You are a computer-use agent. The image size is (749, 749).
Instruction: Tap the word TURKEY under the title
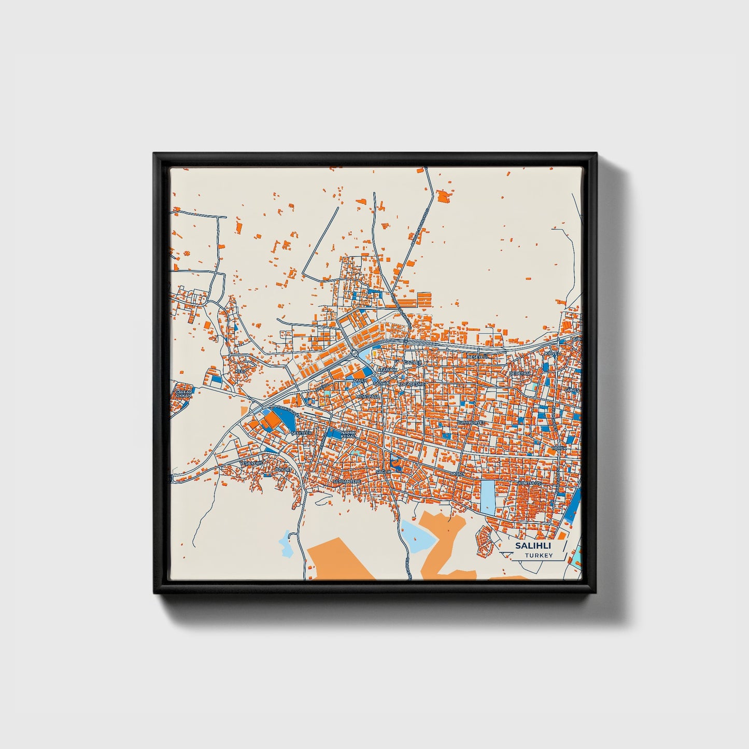coord(539,556)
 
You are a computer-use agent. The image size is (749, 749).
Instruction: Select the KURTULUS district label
coord(530,483)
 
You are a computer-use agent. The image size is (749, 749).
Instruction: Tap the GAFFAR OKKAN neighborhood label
coord(183,393)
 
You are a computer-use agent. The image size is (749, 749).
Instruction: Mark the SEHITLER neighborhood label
coord(302,433)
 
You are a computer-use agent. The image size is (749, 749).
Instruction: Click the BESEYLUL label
coord(478,357)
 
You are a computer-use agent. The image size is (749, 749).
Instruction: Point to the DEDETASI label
coord(520,373)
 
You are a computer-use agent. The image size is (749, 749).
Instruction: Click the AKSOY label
coord(458,474)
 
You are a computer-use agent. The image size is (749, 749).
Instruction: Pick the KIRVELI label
coord(553,353)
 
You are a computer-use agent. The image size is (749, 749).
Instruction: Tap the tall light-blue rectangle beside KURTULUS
coord(488,497)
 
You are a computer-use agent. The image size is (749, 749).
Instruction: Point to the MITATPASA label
coord(368,396)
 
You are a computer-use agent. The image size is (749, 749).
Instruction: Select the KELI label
coord(239,371)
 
